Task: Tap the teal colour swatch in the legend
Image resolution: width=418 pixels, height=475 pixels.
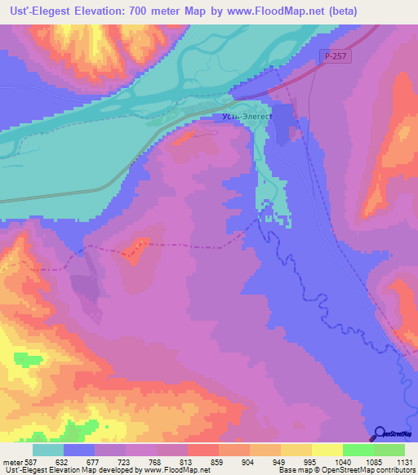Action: pyautogui.click(x=48, y=450)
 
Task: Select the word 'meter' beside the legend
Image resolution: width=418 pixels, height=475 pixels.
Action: pyautogui.click(x=11, y=460)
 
